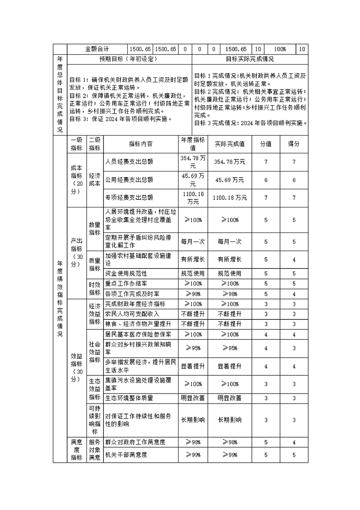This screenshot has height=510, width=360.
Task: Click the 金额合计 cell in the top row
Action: [97, 49]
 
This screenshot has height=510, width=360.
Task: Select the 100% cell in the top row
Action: [280, 49]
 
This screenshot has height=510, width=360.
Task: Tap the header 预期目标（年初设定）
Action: [129, 59]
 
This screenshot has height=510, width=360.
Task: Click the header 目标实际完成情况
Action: [250, 59]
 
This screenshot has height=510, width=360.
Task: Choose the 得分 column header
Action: [294, 144]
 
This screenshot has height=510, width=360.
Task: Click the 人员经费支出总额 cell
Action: [129, 162]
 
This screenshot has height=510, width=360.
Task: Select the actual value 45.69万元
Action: [230, 180]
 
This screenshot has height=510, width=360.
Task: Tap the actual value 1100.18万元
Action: [230, 198]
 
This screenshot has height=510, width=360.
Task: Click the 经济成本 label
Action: [95, 180]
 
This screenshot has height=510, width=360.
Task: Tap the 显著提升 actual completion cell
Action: [230, 366]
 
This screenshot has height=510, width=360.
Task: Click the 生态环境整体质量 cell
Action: [129, 398]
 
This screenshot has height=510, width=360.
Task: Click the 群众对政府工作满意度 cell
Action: [135, 442]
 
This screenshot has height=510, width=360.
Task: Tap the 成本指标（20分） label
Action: [76, 180]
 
